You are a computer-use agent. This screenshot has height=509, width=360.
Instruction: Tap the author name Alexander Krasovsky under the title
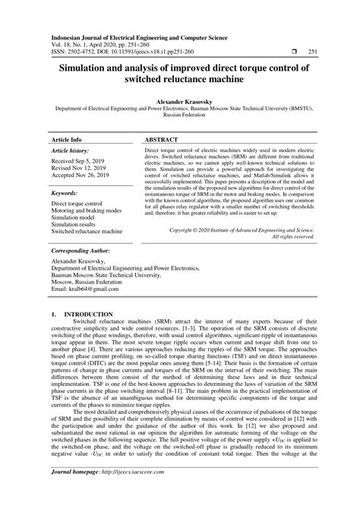pos(179,100)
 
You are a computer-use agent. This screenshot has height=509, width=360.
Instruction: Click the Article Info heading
pos(66,141)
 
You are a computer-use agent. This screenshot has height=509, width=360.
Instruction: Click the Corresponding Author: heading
pos(81,249)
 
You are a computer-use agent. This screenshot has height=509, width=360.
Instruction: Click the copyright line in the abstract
pos(242,229)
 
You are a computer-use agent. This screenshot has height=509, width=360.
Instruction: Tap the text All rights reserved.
pos(292,236)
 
